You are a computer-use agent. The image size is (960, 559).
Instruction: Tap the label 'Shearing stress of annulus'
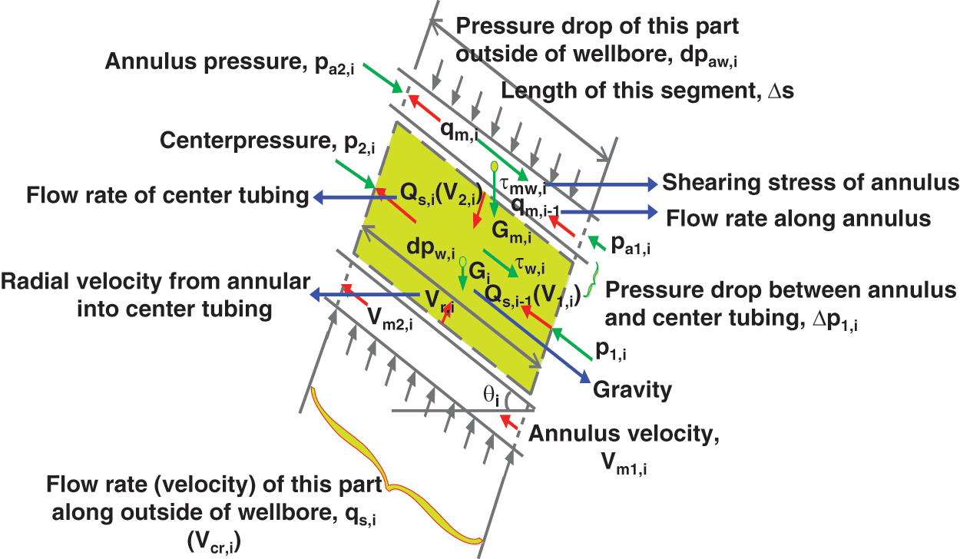pyautogui.click(x=811, y=183)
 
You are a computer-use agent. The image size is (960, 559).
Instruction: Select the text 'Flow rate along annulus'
pyautogui.click(x=799, y=217)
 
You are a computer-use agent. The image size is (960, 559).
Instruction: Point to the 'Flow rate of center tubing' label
pyautogui.click(x=166, y=197)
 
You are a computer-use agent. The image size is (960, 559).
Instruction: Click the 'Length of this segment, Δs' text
pyautogui.click(x=647, y=91)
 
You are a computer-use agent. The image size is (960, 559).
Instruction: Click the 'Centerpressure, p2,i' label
pyautogui.click(x=257, y=142)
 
